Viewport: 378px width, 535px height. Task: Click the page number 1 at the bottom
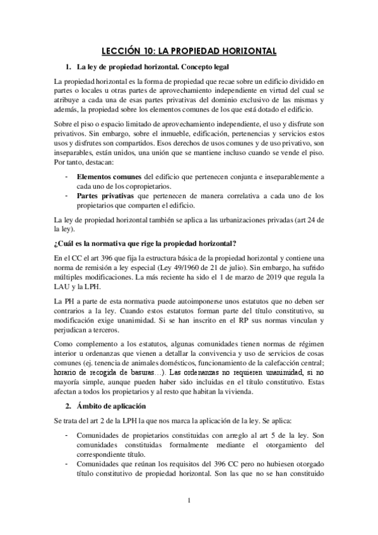189,501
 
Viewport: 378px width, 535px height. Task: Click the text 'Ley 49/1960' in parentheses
223,266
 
